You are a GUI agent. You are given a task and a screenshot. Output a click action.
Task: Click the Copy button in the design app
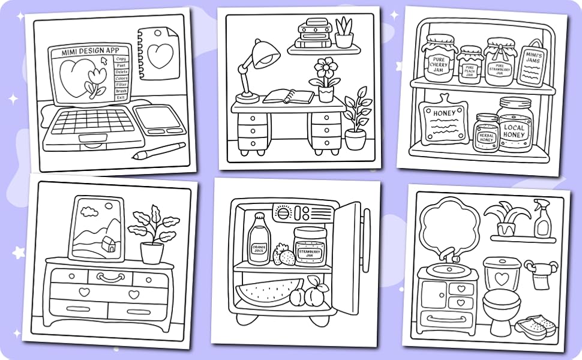(121, 59)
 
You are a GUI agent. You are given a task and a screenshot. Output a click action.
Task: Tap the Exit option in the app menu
(121, 97)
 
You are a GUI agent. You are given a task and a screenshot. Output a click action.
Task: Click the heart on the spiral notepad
(160, 56)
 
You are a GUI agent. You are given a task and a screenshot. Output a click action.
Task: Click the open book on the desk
(289, 96)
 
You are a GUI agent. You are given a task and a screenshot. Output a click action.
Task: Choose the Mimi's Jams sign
(531, 63)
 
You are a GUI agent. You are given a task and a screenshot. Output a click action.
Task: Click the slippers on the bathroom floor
(536, 326)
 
